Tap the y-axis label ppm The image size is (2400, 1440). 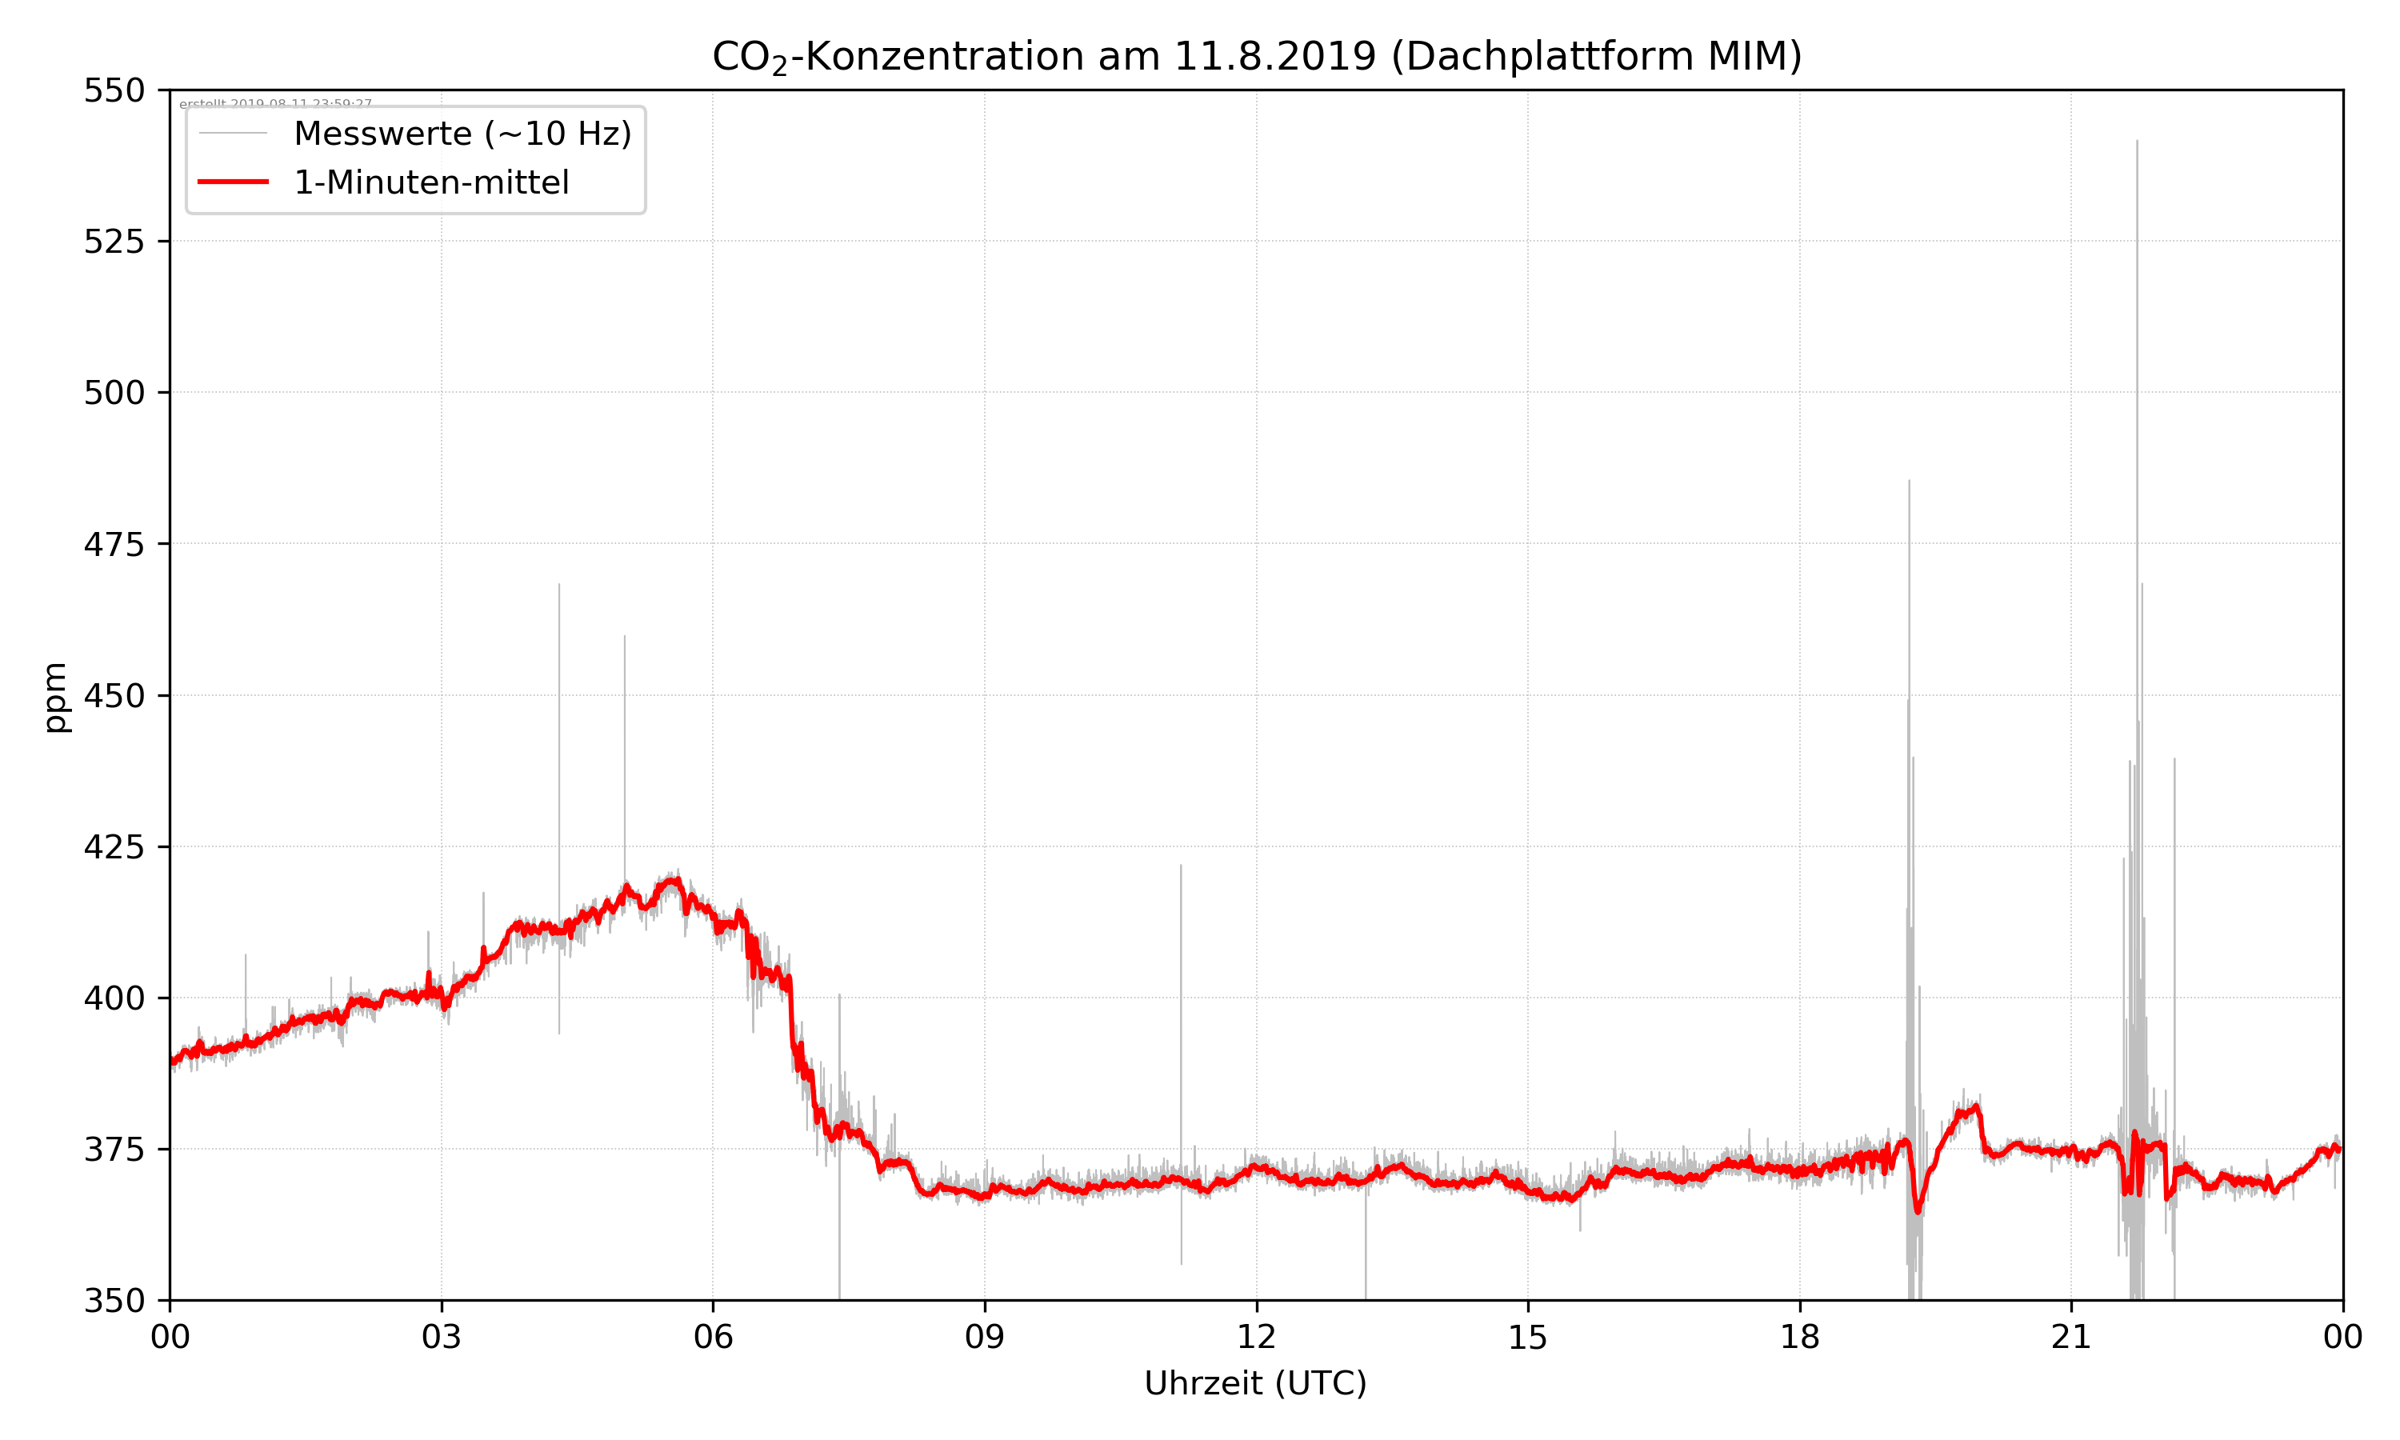coord(56,697)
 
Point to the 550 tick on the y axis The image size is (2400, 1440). coord(114,90)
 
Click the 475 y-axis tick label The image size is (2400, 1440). coord(114,544)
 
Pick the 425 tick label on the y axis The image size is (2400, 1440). coord(114,847)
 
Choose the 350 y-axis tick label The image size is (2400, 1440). coord(114,1300)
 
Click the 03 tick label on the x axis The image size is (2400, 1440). coord(442,1337)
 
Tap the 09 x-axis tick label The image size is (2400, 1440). coord(985,1337)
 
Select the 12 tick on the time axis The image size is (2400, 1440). coord(1256,1337)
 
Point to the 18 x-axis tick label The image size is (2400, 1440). coord(1799,1337)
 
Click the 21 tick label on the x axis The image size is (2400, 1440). coord(2071,1337)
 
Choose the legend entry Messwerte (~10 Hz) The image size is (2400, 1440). coord(462,134)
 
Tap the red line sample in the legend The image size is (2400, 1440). coord(233,182)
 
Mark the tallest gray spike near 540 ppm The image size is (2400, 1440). coord(2136,146)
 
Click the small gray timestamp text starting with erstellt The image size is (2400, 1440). coord(275,103)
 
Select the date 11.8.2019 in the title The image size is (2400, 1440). coord(1274,56)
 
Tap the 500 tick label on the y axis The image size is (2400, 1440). coord(114,393)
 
